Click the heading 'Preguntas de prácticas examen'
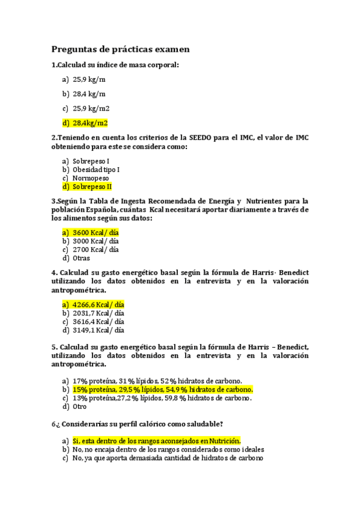[x=120, y=49]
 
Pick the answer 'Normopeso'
[x=91, y=178]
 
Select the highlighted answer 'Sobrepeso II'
[x=92, y=186]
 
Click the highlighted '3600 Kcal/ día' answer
[x=96, y=232]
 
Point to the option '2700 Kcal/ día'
[x=96, y=250]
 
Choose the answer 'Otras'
[x=81, y=258]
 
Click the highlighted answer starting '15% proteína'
[x=162, y=389]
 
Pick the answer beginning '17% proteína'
[x=157, y=381]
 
